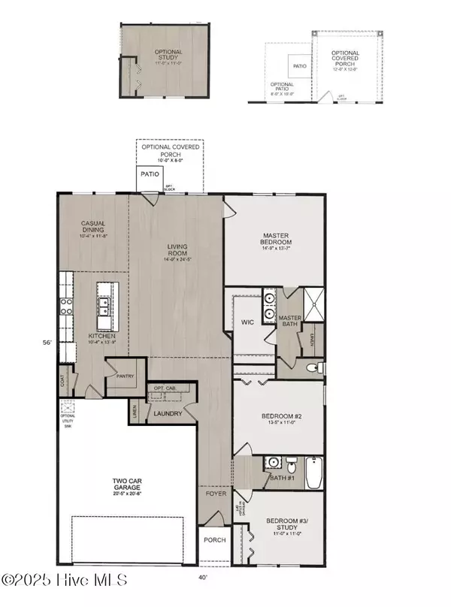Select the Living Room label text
pyautogui.click(x=177, y=250)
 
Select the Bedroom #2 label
pyautogui.click(x=277, y=418)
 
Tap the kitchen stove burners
pyautogui.click(x=66, y=306)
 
